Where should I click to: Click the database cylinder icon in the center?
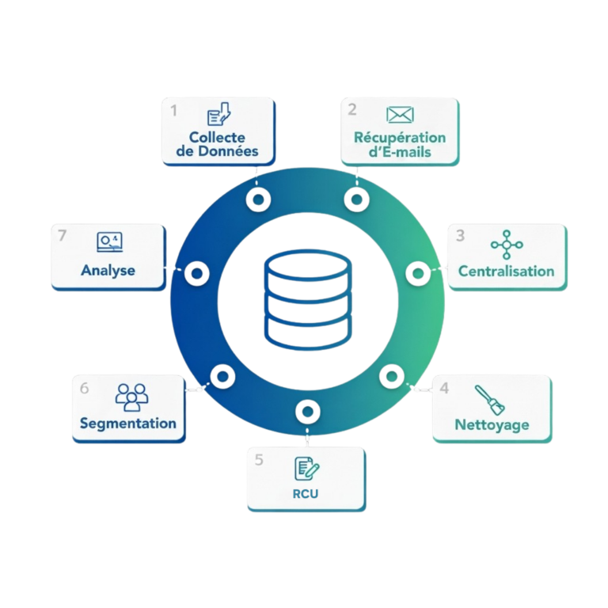pyautogui.click(x=305, y=297)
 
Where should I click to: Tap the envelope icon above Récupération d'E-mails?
pyautogui.click(x=400, y=116)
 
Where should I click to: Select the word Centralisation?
pyautogui.click(x=507, y=271)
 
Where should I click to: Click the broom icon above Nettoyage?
pyautogui.click(x=491, y=400)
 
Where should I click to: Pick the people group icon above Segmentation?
pyautogui.click(x=131, y=395)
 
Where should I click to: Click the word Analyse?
pyautogui.click(x=108, y=270)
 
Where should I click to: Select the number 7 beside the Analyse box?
pyautogui.click(x=63, y=235)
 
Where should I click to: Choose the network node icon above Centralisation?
pyautogui.click(x=507, y=243)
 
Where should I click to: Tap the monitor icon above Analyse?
pyautogui.click(x=109, y=240)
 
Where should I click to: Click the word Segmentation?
pyautogui.click(x=128, y=423)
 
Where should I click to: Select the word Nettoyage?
pyautogui.click(x=492, y=425)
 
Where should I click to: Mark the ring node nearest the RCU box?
pyautogui.click(x=306, y=410)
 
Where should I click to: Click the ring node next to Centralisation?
pyautogui.click(x=416, y=273)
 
